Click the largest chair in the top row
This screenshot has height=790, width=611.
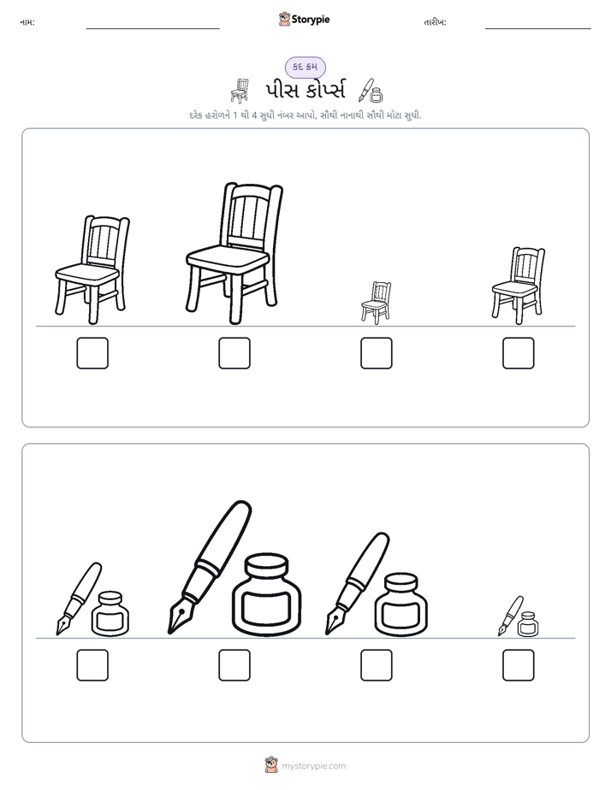234,253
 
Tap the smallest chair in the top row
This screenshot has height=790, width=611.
376,303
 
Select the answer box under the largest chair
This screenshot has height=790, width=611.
234,353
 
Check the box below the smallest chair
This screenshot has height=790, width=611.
377,353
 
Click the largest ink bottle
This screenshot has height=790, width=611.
267,593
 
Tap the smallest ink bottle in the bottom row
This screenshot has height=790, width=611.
528,624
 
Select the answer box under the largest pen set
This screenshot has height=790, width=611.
234,665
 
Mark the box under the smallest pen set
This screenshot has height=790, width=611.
519,665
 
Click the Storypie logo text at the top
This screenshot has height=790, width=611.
311,20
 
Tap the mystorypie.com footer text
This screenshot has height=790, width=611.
313,766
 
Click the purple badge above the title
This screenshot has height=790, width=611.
305,67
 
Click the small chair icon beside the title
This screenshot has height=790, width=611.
240,91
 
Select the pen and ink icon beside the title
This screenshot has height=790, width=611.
371,91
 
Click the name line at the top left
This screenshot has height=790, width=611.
152,28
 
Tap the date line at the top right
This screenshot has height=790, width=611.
538,28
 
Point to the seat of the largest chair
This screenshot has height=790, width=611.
228,258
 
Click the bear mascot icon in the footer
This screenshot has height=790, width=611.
271,765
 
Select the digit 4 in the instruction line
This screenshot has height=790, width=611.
255,115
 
